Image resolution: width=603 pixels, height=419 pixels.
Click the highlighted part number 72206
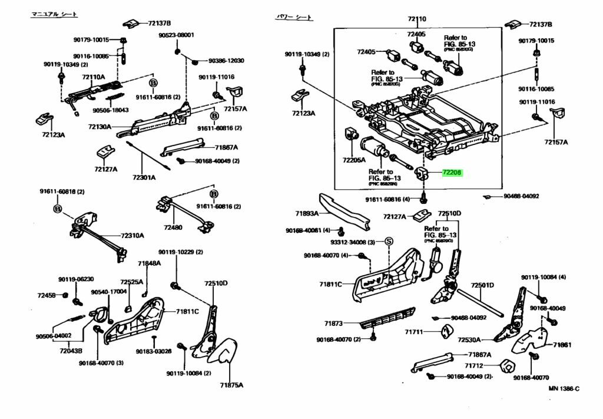(452, 173)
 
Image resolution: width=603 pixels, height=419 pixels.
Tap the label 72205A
(354, 160)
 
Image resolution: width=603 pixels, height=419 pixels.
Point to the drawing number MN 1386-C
(564, 388)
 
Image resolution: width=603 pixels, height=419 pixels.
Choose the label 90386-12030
(226, 61)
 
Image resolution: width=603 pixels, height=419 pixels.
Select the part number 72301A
(144, 177)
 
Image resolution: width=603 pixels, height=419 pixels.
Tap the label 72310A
(132, 236)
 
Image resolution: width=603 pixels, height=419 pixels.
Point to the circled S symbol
(388, 242)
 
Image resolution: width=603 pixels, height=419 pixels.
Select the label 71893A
(307, 213)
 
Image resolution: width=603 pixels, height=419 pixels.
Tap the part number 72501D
(482, 285)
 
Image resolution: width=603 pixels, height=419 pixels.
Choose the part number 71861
(562, 345)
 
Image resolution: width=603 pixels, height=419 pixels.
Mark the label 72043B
(71, 351)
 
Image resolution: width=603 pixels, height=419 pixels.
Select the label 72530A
(470, 339)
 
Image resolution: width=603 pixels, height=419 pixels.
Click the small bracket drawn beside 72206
(423, 174)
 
